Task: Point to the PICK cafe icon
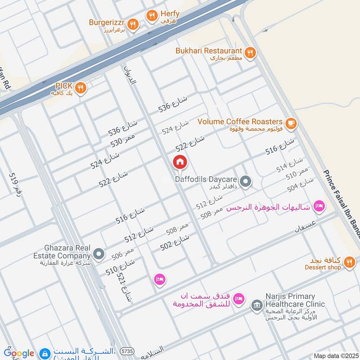coord(81,88)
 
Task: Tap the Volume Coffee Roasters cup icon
coord(291,122)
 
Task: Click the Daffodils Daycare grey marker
coord(245,182)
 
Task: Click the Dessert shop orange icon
coord(349,263)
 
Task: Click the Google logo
coord(19,353)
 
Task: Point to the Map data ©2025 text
coord(335,355)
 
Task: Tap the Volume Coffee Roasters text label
coord(240,122)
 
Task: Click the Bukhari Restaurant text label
coord(210,51)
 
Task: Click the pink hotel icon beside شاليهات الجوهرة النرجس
coord(319,207)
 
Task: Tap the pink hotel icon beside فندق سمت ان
coord(239,298)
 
